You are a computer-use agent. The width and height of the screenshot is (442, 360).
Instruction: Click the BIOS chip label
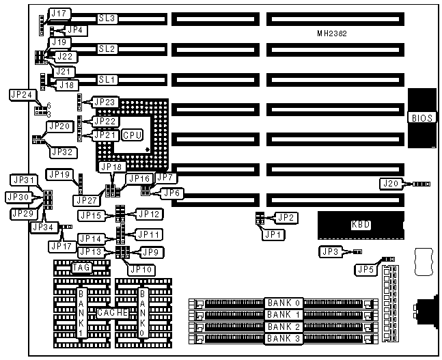(x=419, y=117)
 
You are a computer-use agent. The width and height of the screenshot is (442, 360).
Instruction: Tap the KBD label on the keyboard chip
(x=360, y=224)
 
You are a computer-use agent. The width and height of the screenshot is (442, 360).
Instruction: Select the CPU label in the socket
(x=132, y=135)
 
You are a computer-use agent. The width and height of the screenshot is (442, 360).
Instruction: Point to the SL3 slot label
(x=107, y=18)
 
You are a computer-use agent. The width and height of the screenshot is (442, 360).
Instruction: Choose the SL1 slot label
(x=107, y=79)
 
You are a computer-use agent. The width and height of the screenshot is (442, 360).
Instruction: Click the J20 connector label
(x=391, y=183)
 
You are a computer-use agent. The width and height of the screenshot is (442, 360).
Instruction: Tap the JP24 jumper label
(x=21, y=94)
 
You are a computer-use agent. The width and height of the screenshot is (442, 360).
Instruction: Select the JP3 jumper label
(x=329, y=252)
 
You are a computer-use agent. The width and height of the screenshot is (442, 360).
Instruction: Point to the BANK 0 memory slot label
(x=284, y=303)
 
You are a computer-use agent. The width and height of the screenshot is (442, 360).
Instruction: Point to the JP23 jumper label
(x=107, y=102)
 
